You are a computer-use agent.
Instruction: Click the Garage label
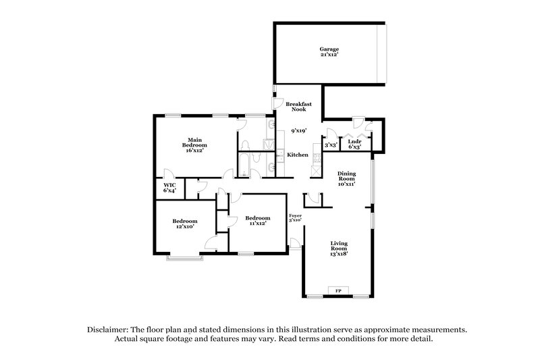329,52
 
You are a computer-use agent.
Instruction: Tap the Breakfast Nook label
297,107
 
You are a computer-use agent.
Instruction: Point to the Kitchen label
298,155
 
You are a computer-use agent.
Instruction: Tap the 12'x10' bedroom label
184,224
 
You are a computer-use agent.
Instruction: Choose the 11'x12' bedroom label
257,221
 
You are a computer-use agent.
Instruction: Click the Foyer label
295,217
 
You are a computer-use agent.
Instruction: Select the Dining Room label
346,178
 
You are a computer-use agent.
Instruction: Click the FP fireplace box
338,291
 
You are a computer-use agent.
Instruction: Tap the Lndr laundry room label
354,144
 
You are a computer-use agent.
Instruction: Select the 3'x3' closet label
331,145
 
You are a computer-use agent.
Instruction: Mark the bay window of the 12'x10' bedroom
183,257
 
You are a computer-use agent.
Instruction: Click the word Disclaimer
110,329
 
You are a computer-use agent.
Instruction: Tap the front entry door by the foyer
295,243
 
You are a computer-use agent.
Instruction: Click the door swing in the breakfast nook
277,102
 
